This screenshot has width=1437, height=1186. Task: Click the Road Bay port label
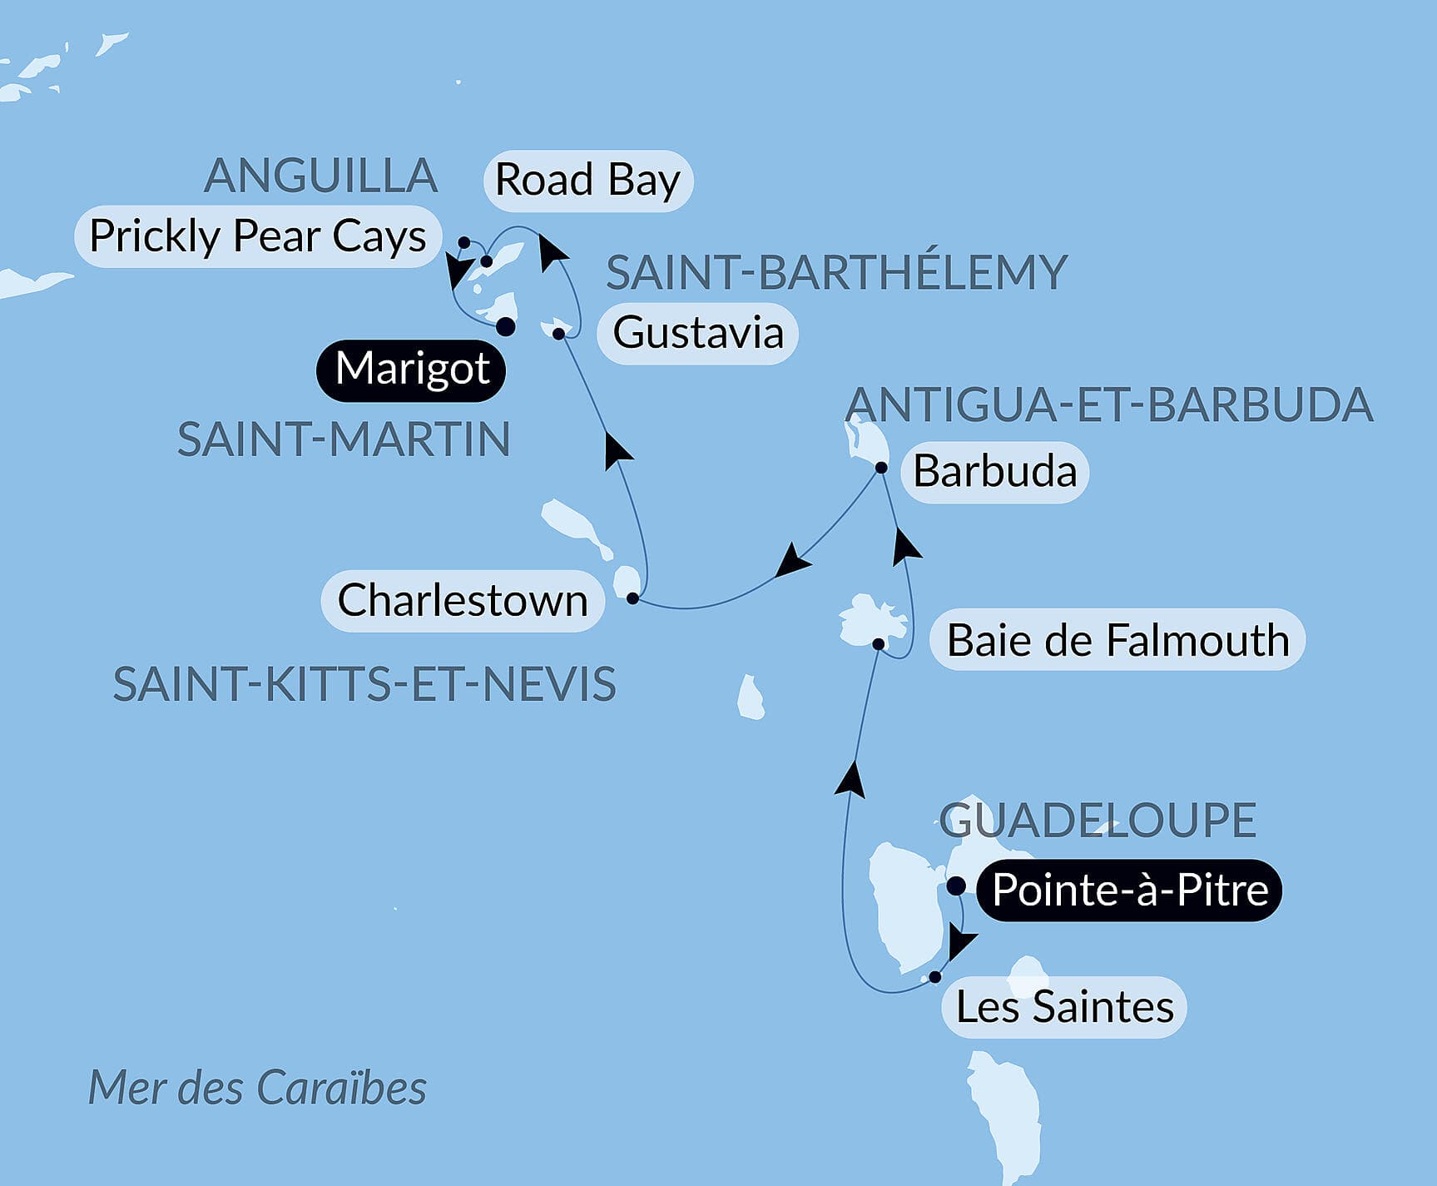coord(587,181)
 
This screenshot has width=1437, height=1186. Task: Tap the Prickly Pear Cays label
coord(258,236)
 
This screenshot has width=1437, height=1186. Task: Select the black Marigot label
coord(412,369)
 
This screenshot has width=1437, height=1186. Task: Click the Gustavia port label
coord(698,333)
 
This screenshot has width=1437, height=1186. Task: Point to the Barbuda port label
coord(994,472)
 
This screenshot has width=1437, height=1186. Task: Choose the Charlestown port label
coord(463,601)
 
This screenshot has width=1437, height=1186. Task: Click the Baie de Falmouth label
coord(1117,641)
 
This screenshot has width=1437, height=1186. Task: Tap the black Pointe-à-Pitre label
coord(1130,891)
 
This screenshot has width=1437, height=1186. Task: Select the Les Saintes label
coord(1064,1007)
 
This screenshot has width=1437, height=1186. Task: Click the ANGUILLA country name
coord(321,176)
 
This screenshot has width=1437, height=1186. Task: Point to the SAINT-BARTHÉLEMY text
coord(836,272)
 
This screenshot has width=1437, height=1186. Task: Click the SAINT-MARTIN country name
coord(344,439)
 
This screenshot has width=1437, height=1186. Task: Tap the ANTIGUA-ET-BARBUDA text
coord(1108,405)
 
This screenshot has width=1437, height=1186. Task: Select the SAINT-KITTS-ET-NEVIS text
coord(364,685)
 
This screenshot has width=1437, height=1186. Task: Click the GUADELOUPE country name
coord(1098,820)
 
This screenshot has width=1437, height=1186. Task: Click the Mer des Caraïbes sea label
coord(257,1088)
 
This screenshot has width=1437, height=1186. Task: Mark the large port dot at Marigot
coord(505,327)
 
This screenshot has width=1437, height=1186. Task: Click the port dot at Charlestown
coord(632,598)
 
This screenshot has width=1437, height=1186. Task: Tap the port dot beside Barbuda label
coord(881,468)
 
